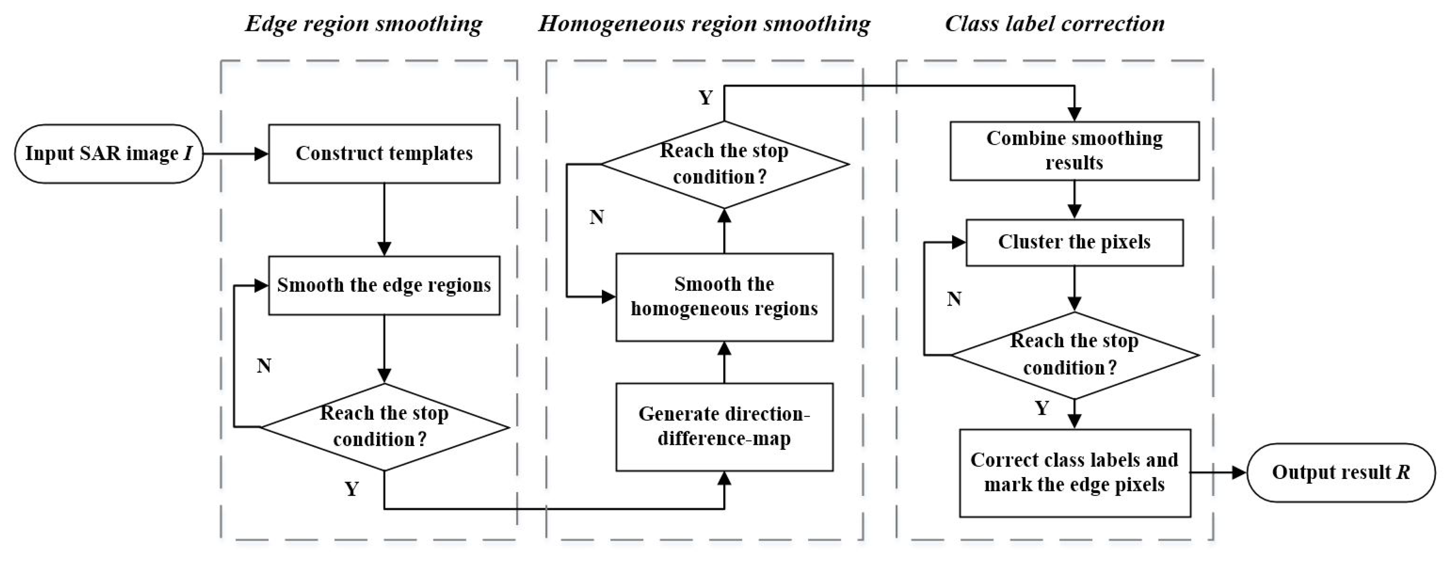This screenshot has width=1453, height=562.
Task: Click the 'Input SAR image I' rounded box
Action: (x=108, y=153)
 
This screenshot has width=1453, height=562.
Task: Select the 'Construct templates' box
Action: (x=384, y=153)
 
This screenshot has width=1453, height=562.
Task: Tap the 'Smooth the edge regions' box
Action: (x=384, y=285)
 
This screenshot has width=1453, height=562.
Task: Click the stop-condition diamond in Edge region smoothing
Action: (x=384, y=427)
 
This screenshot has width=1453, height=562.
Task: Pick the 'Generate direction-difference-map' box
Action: (x=724, y=427)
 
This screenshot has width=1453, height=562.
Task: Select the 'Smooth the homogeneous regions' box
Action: (x=724, y=297)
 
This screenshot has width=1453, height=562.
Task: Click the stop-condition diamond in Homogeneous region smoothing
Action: (x=724, y=164)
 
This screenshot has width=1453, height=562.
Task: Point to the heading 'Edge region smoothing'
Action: (x=364, y=24)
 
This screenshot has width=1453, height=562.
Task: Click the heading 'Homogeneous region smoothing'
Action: (x=704, y=24)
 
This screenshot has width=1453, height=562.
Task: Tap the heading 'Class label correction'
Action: (x=1054, y=24)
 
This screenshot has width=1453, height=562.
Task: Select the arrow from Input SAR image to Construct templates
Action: (x=235, y=153)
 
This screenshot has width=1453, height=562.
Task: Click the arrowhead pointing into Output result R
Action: (x=1238, y=472)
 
